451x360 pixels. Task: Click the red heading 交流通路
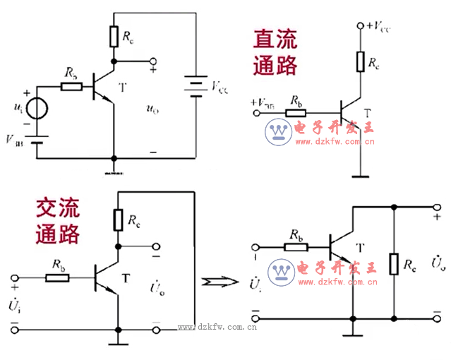point(59,220)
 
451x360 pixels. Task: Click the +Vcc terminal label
point(375,26)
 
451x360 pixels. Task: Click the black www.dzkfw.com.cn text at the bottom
point(217,327)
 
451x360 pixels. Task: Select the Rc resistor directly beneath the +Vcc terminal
point(360,61)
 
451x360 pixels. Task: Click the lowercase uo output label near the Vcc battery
point(152,108)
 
